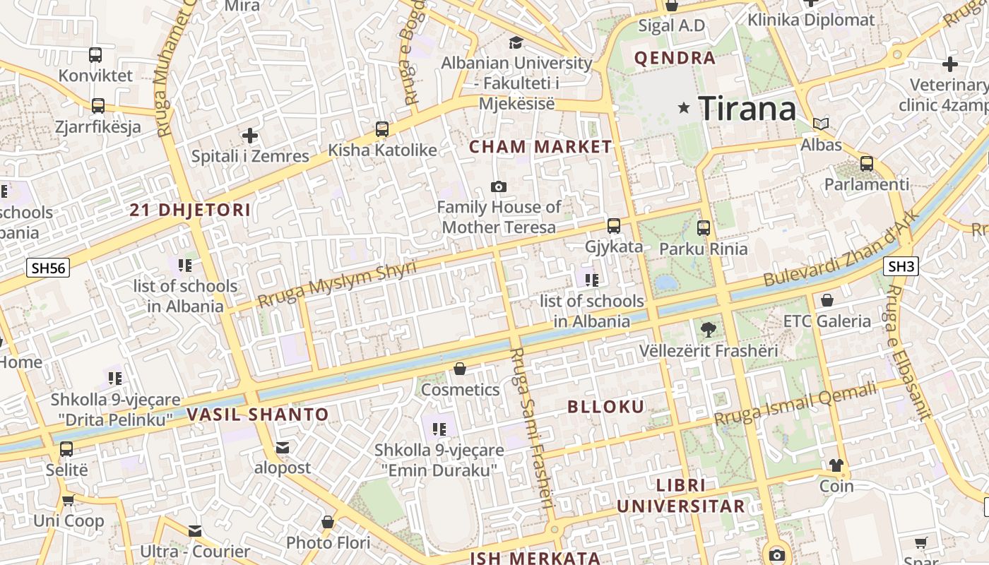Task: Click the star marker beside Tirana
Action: point(683,108)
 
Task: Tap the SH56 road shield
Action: point(48,268)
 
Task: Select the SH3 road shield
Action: point(901,266)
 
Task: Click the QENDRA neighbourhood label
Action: point(675,58)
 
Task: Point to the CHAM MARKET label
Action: point(540,147)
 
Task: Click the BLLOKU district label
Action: point(606,407)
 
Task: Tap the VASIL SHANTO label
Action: point(258,415)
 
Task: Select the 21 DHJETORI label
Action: point(191,210)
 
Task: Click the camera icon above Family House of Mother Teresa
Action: point(499,186)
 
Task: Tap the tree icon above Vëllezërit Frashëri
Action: point(708,329)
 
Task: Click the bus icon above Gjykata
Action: point(614,226)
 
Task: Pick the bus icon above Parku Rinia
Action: point(703,228)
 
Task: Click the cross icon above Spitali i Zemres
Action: point(250,135)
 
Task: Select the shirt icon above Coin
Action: point(836,465)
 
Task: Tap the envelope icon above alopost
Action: point(283,448)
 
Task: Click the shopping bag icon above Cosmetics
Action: point(460,369)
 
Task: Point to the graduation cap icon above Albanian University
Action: point(516,42)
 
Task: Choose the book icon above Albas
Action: point(821,124)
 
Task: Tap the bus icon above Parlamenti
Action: point(867,164)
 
